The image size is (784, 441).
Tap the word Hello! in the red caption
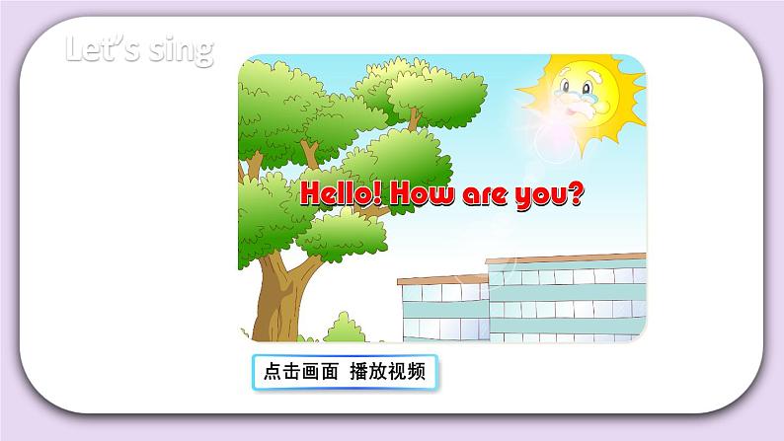tap(342, 193)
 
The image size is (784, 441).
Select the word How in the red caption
tap(426, 193)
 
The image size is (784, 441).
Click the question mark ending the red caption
tap(579, 193)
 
